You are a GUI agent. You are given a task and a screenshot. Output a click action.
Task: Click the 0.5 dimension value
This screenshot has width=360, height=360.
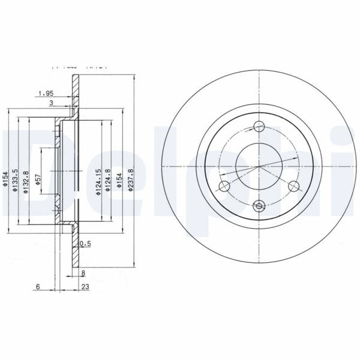coord(86,244)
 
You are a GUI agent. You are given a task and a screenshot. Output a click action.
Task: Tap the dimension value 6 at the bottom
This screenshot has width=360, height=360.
coord(37,287)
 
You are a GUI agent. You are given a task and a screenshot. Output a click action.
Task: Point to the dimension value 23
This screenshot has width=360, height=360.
coord(85,287)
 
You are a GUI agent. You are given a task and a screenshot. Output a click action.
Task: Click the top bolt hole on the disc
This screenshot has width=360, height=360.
coord(259,126)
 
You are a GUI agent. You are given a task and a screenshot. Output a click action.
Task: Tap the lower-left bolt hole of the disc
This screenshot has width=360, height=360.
coord(223,186)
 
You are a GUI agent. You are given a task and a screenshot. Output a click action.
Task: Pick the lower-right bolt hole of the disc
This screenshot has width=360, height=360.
coord(294,186)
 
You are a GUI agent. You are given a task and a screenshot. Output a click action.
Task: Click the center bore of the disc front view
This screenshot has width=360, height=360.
coord(259,166)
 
